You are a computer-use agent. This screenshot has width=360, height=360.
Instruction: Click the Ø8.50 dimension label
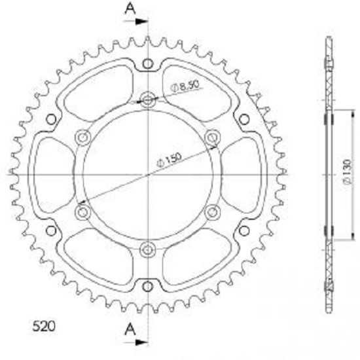pos(185,86)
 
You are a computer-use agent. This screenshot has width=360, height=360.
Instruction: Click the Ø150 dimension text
pos(170,160)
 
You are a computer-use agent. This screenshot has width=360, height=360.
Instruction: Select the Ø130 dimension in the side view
pos(348,172)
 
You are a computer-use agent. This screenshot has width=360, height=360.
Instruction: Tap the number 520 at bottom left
pos(44,326)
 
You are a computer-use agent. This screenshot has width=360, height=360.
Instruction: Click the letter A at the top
pos(130,9)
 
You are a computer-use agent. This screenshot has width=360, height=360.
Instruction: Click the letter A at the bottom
pos(130,329)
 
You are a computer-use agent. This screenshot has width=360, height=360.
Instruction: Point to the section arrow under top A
pos(136,22)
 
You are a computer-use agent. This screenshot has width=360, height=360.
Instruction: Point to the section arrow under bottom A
pos(136,342)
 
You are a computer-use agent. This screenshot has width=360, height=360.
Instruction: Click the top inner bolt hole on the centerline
pos(148,100)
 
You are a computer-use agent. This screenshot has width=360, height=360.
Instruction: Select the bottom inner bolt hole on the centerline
pos(148,249)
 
